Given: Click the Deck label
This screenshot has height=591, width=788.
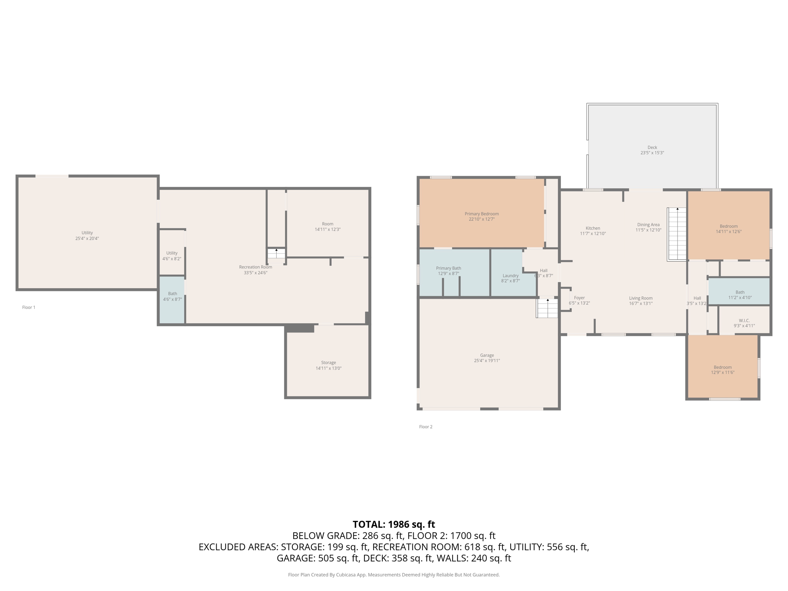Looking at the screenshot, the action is point(652,147).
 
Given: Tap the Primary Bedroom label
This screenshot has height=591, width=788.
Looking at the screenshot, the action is point(481,214).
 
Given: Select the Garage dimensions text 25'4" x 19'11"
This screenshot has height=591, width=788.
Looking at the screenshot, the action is point(487,361).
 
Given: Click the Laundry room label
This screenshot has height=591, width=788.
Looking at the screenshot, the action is point(511,275).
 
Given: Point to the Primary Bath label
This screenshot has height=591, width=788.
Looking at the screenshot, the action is point(448,268).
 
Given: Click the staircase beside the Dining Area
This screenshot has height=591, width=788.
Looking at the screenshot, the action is point(677,234).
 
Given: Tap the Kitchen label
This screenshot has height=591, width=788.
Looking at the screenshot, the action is point(593,228).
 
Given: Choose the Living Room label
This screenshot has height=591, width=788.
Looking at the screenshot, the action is point(641,298).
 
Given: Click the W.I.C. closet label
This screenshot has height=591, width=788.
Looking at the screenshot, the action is point(744,321).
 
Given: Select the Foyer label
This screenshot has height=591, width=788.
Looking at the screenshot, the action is point(579,298).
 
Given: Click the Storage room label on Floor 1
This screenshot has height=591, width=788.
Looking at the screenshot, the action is point(329,362).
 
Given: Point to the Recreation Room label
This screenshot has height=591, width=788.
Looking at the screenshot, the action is point(255,267).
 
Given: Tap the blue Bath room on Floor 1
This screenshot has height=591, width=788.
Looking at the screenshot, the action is point(172,299).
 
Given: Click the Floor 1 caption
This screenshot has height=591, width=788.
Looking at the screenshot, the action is point(28,307).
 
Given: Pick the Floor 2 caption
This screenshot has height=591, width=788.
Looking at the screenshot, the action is point(426,427).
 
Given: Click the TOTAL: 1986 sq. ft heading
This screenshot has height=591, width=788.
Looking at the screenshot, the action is point(394,524).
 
